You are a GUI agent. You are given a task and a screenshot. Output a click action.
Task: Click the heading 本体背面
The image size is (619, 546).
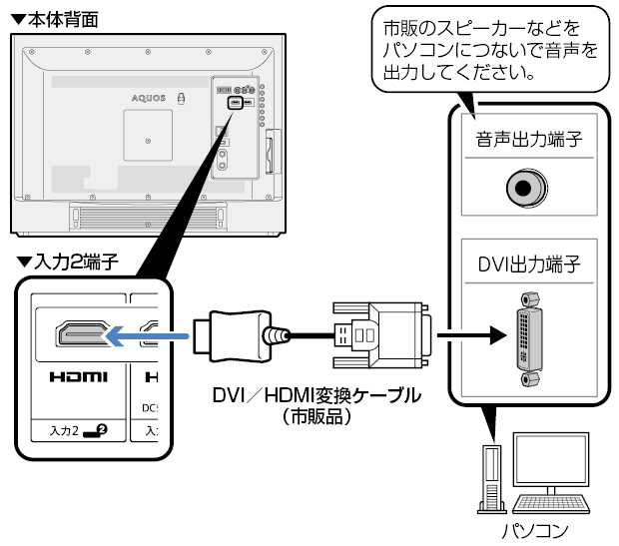coord(60,19)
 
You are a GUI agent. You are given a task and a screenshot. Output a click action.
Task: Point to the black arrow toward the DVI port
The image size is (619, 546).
coord(469,335)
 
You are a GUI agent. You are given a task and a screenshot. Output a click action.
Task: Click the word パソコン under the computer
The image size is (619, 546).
coord(533,528)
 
